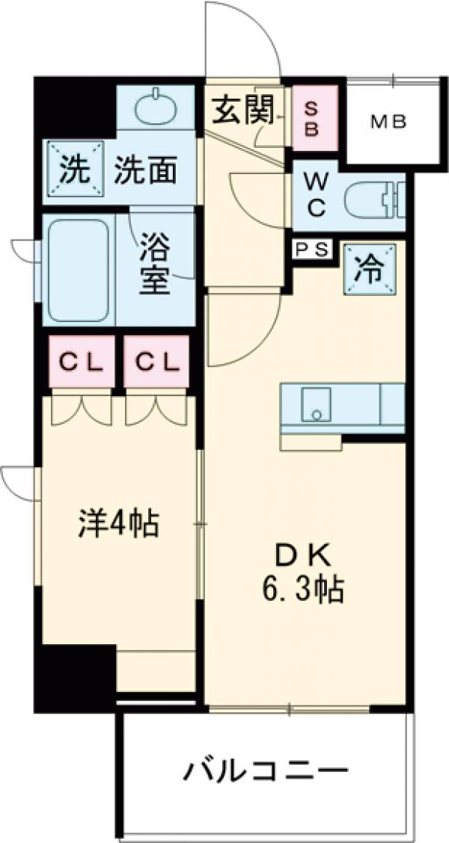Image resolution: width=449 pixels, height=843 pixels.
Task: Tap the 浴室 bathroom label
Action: coord(156,264)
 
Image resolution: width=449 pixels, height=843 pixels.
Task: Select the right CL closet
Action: coord(157,362)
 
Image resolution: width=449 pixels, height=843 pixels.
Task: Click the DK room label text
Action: coord(304,557)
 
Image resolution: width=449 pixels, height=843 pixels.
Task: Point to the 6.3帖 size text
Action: coord(302,591)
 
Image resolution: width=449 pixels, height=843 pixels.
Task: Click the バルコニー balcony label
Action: coord(266,770)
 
